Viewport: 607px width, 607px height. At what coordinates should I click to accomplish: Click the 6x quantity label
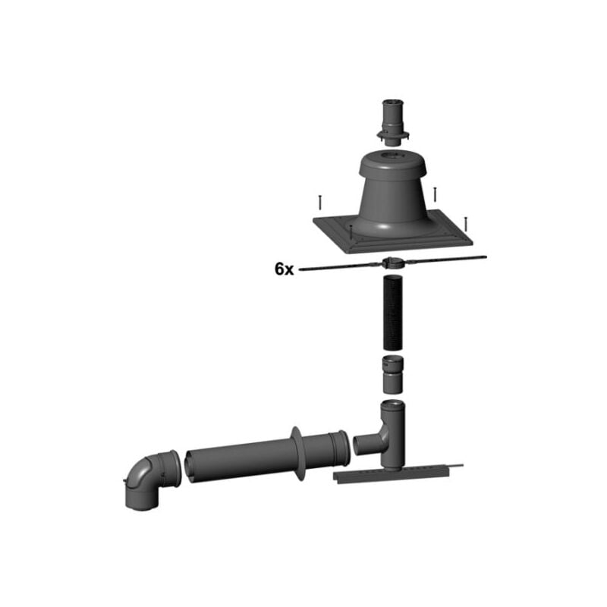click(x=284, y=269)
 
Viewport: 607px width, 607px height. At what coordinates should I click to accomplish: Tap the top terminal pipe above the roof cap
click(x=393, y=123)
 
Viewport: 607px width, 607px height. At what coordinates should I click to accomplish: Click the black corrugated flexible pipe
click(x=393, y=313)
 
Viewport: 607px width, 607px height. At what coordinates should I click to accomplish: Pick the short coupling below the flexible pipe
click(x=393, y=374)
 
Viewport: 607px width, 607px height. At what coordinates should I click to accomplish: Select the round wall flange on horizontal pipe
click(x=297, y=453)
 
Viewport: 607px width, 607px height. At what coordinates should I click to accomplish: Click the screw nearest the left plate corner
click(x=320, y=203)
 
